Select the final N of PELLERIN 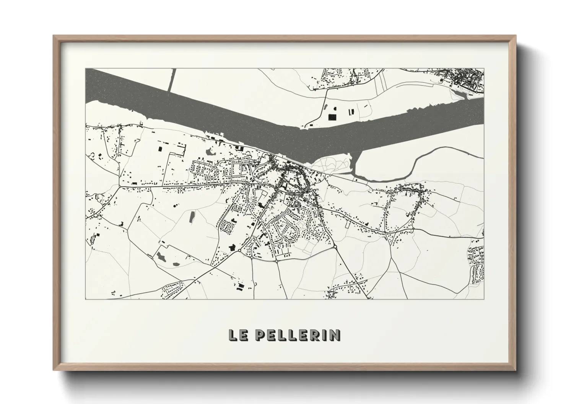(x=335, y=335)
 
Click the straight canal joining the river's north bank (x=171, y=80)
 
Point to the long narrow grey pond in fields (x=192, y=217)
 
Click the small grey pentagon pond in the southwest (x=176, y=264)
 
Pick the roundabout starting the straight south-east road (x=335, y=247)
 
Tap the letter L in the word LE (x=232, y=335)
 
